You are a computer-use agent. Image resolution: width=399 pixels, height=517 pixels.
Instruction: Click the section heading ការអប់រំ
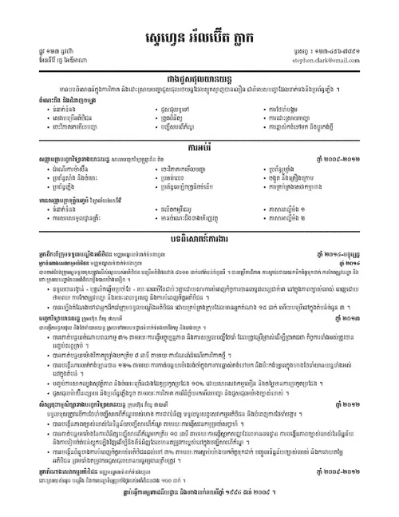point(199,147)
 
